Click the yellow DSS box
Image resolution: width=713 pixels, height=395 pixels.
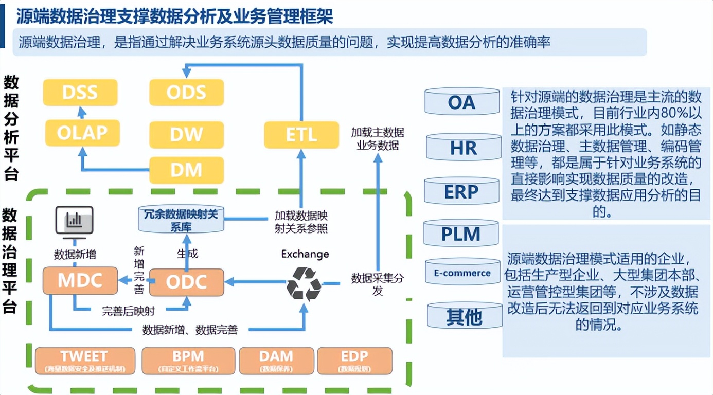tap(80, 93)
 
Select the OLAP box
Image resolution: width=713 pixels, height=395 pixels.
tap(82, 133)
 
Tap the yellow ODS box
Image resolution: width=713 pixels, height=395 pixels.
tap(186, 93)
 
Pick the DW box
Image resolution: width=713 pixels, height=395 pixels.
tap(186, 135)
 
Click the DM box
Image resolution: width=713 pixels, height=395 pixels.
tap(186, 170)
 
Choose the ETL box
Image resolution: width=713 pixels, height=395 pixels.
tap(301, 135)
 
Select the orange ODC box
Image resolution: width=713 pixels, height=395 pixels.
tap(186, 282)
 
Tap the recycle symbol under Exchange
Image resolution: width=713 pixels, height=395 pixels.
tap(304, 283)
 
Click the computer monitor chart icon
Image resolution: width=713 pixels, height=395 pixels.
tap(75, 222)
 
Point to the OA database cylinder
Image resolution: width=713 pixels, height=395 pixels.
tap(461, 101)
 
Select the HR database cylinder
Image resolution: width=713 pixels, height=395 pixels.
tap(464, 147)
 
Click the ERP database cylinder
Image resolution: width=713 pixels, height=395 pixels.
tap(461, 191)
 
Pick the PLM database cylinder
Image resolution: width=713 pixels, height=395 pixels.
tap(460, 234)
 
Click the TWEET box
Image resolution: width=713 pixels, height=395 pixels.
tap(85, 360)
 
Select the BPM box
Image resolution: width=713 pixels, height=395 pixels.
tap(188, 360)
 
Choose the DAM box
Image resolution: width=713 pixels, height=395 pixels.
tap(276, 360)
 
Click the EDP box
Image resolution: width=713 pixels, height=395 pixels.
tap(354, 360)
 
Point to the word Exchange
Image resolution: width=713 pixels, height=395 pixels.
tap(305, 254)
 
